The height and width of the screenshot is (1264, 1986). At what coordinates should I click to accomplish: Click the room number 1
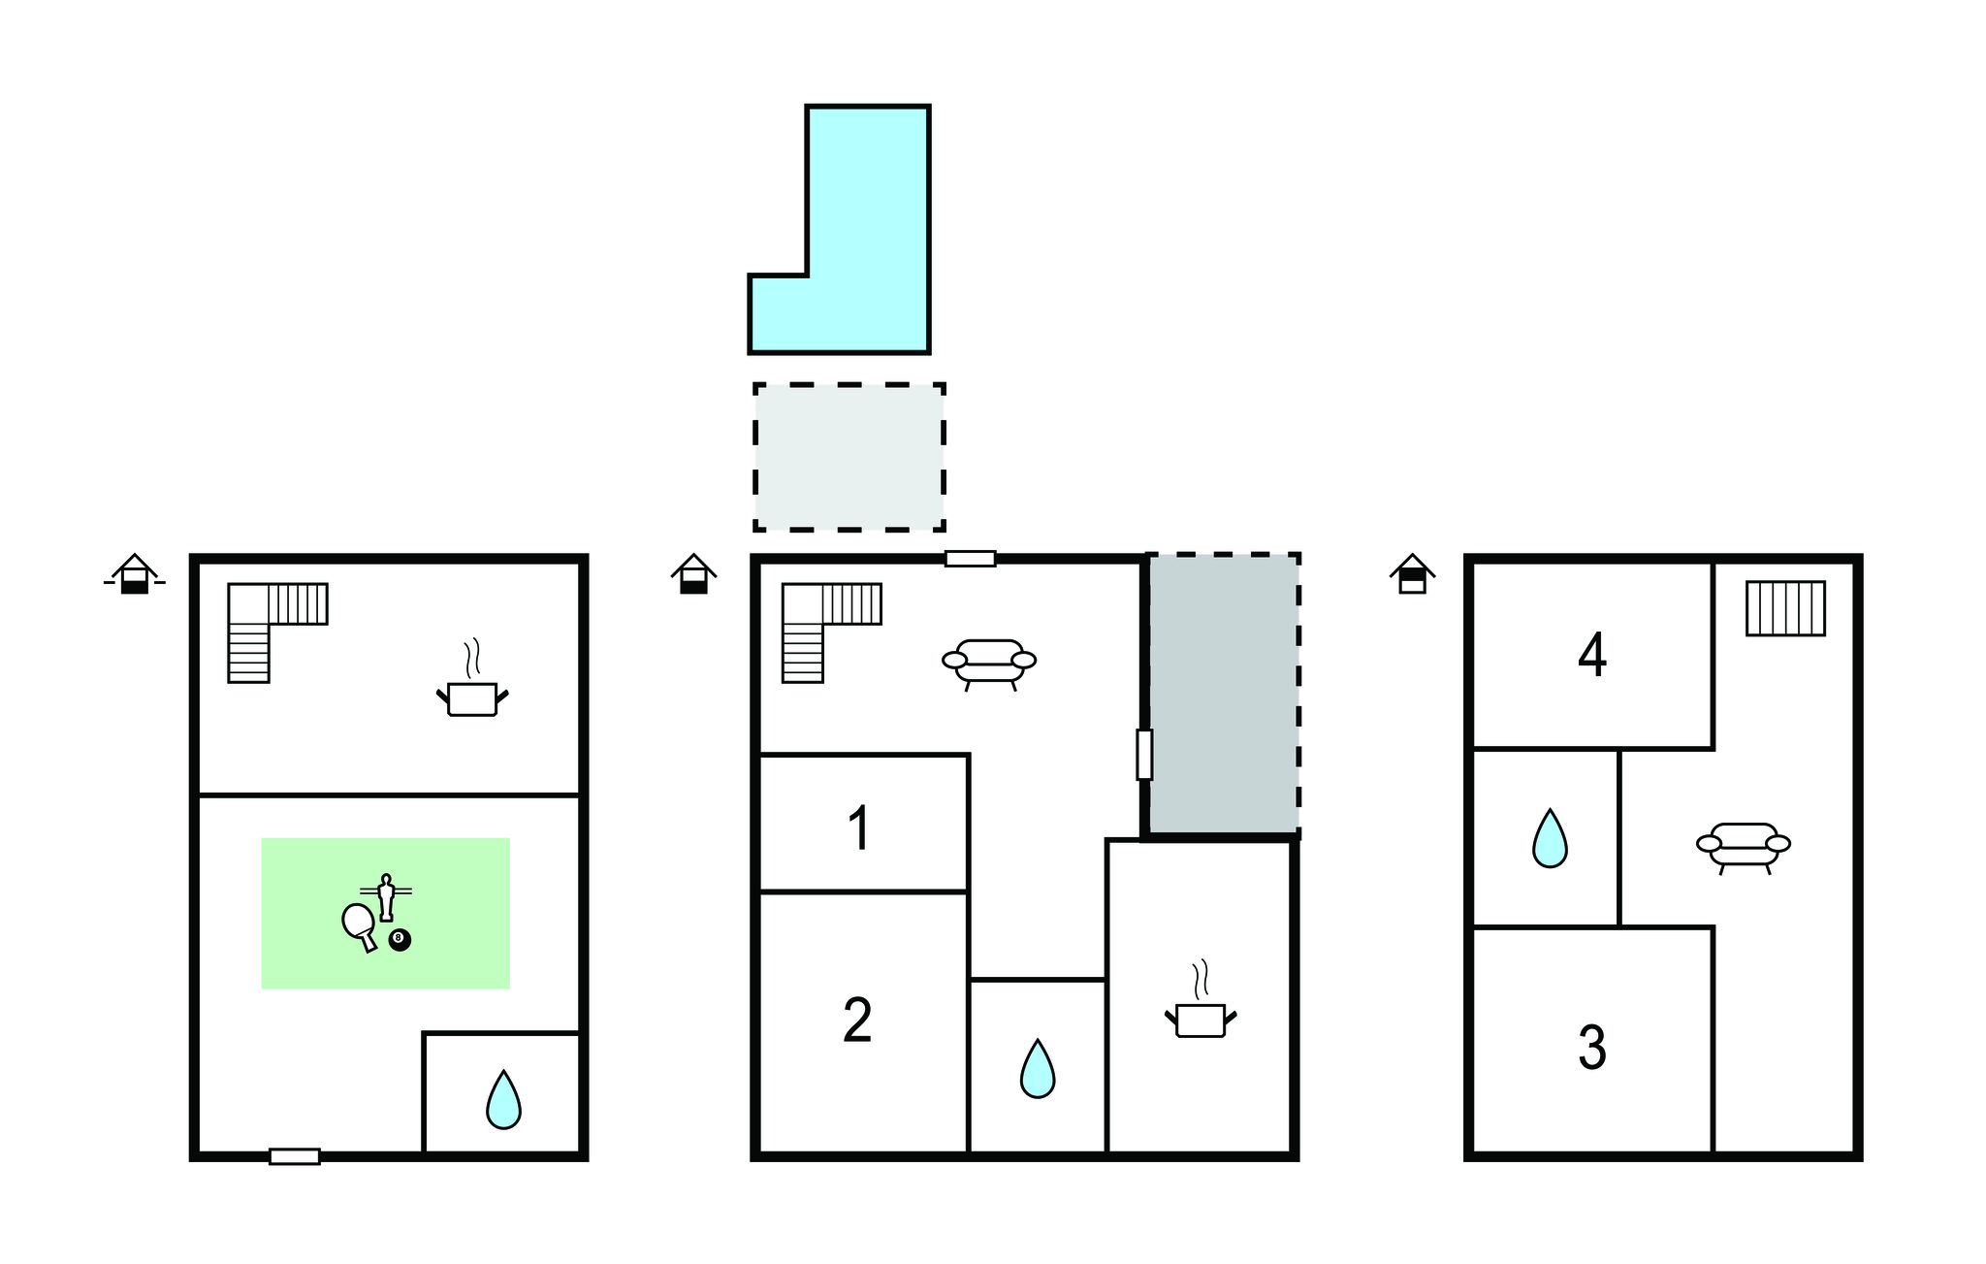[x=858, y=829]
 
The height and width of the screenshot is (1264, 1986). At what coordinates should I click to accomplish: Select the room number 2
[x=857, y=1021]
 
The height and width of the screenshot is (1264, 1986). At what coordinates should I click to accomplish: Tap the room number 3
[x=1592, y=1049]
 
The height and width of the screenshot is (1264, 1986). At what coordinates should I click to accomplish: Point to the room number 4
[x=1592, y=656]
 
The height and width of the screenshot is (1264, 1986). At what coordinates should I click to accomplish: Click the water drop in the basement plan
[x=503, y=1100]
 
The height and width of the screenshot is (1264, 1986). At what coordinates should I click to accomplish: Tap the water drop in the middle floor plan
[x=1038, y=1069]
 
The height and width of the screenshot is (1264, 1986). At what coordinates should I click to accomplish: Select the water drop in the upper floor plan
[x=1550, y=838]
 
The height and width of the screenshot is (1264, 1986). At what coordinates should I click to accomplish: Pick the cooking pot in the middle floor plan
[x=1201, y=999]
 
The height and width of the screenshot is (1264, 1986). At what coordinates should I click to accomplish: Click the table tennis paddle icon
[x=359, y=925]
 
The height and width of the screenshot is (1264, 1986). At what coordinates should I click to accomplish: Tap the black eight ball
[x=400, y=940]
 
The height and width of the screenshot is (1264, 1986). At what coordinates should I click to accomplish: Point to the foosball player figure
[x=386, y=897]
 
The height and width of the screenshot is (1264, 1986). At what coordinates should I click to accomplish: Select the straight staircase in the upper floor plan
[x=1785, y=608]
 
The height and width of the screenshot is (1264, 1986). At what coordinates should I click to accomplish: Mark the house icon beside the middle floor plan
[x=693, y=573]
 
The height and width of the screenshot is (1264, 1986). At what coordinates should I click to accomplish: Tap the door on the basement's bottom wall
[x=295, y=1156]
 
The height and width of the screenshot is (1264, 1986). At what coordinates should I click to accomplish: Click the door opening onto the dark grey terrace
[x=1144, y=755]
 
